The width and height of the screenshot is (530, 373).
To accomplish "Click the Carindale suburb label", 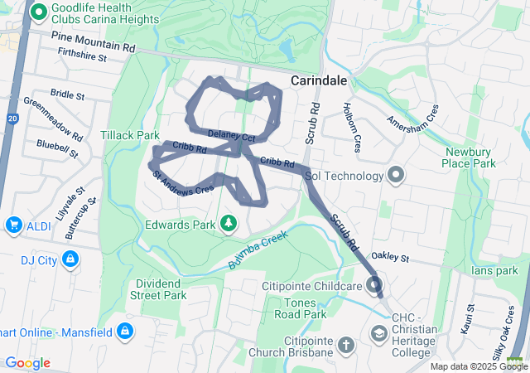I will (319, 80).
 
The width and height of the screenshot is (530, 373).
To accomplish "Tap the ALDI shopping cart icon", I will (13, 225).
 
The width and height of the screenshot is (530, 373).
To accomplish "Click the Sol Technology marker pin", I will (395, 175).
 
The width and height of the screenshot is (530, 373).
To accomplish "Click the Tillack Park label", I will (130, 134).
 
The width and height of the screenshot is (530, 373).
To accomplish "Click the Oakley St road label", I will (391, 258).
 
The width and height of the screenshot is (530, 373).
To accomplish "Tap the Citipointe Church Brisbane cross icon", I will (346, 344).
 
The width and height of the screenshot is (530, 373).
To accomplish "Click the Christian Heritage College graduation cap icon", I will (378, 333).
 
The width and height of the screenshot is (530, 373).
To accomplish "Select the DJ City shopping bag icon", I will (71, 260).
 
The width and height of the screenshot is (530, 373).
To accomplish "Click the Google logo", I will (28, 363).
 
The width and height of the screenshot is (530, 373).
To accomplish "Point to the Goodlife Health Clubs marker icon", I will (37, 13).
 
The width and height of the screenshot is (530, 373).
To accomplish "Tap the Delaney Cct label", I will (231, 134).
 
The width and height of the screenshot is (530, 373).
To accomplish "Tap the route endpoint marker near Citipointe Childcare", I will (375, 286).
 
